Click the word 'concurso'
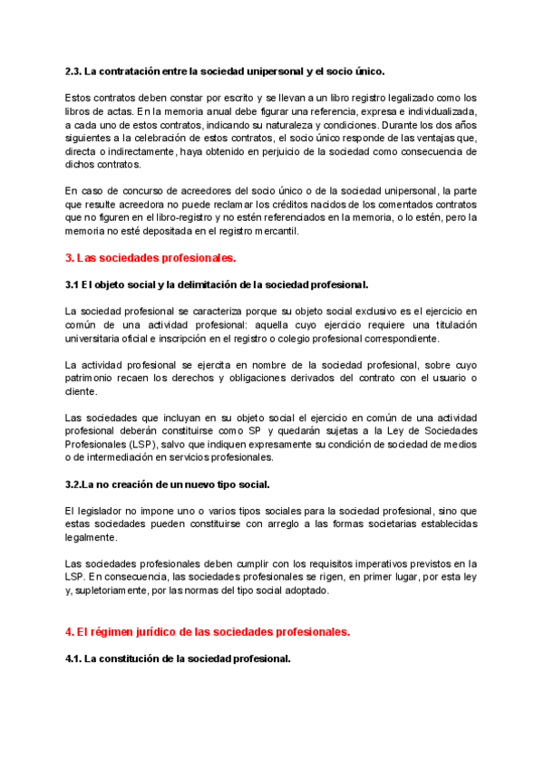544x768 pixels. point(134,191)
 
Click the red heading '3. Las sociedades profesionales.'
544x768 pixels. point(151,259)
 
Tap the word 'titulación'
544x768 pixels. point(446,324)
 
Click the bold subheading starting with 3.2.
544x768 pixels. point(168,485)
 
